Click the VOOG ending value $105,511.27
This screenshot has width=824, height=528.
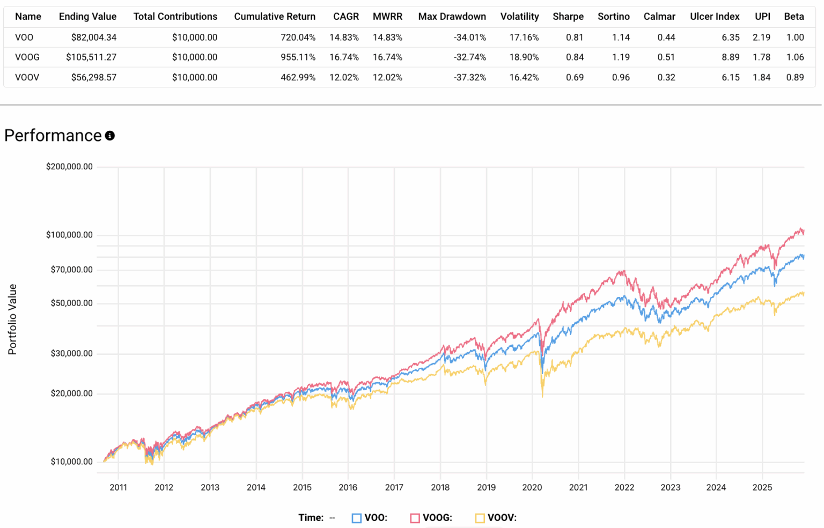[x=91, y=57]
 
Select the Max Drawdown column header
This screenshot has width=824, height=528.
[x=452, y=17]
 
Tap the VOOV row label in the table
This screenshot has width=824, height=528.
[x=27, y=77]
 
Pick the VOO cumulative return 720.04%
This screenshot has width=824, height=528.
[x=298, y=38]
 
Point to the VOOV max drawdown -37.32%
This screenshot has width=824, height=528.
[x=469, y=77]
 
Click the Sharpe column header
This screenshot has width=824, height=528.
[x=568, y=17]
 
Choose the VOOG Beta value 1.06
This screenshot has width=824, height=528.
[x=794, y=57]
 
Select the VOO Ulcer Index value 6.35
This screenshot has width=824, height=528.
[x=730, y=38]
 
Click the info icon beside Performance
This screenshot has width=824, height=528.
[x=110, y=136]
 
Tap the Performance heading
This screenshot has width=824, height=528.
[x=53, y=136]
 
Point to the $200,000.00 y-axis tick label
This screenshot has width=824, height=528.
[x=69, y=167]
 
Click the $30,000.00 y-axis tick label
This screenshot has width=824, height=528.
[x=71, y=353]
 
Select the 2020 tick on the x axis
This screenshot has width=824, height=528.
[x=532, y=487]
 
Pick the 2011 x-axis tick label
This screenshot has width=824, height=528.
[x=118, y=487]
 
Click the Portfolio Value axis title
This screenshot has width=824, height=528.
[x=12, y=319]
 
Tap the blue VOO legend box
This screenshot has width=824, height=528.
[x=356, y=518]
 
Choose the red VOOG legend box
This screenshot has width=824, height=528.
[x=415, y=518]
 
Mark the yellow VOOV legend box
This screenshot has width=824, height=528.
[x=480, y=518]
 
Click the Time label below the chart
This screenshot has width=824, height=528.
[x=311, y=518]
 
